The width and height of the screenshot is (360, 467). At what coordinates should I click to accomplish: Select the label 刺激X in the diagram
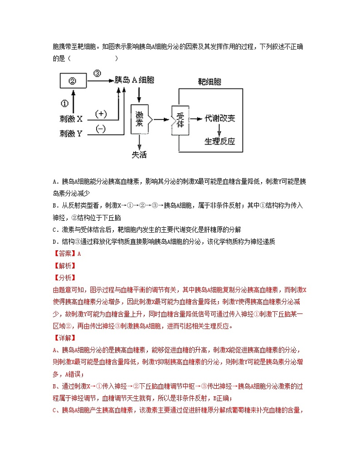click(71, 119)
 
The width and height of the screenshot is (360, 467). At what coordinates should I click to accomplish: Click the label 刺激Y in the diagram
click(71, 134)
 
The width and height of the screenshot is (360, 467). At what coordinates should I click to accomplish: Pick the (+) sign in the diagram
click(101, 113)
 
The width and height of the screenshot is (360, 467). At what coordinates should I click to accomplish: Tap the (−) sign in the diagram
click(101, 129)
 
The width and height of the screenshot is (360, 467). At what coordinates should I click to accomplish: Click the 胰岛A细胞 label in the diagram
click(134, 80)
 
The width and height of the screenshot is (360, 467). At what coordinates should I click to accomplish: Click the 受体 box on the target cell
click(180, 120)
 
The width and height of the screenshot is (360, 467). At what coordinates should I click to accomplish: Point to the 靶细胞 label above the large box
click(209, 82)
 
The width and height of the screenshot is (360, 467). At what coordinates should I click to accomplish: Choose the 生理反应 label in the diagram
click(220, 141)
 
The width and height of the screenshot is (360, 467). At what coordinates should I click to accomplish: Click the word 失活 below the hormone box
click(139, 154)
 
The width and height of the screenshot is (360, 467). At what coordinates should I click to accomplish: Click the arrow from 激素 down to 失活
click(139, 142)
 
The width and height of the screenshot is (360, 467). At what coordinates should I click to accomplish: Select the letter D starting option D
click(55, 242)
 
